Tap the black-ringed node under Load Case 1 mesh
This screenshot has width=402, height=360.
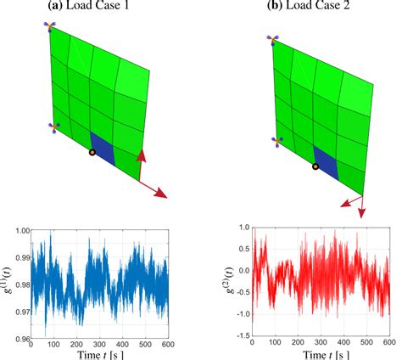coord(92,153)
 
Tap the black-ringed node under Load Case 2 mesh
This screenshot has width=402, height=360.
coord(315,167)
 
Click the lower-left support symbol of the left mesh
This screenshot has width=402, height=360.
coord(55,129)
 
